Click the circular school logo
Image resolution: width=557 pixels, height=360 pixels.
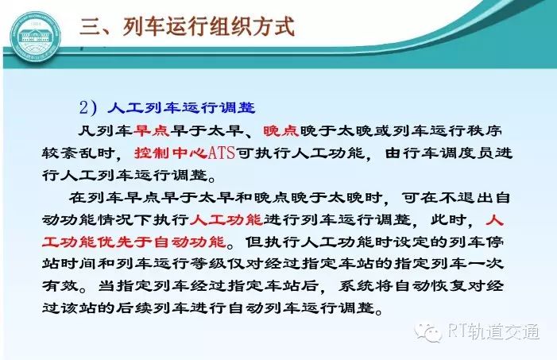point(35,37)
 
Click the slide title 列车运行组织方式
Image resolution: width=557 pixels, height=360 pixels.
point(208,26)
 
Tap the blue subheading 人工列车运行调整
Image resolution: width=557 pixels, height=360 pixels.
point(181,107)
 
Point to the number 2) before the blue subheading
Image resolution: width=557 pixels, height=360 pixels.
point(87,107)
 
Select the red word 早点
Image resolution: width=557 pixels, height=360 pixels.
point(152,131)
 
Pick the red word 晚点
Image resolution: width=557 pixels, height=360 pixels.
point(281,131)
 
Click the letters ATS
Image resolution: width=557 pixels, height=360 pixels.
point(222,153)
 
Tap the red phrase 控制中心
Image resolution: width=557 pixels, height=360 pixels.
point(171,153)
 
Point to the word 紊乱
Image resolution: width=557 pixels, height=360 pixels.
point(79,153)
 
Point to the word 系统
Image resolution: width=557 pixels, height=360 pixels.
point(356,286)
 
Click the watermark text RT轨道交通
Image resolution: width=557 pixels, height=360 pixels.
point(493,331)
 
